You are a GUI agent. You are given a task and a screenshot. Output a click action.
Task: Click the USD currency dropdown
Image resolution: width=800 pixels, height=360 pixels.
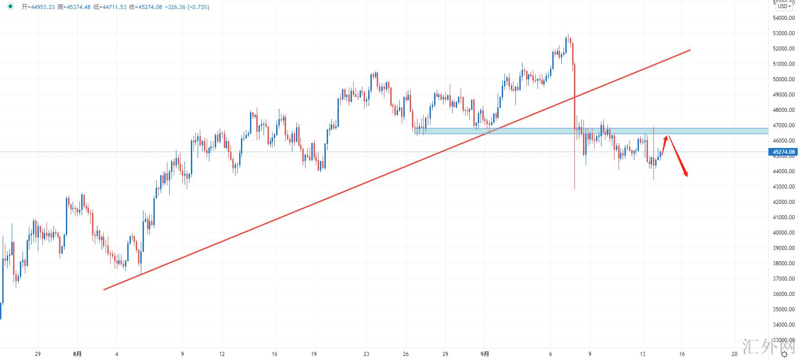tap(785, 6)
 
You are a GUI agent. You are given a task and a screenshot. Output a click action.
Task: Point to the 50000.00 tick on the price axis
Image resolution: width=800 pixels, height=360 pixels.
tap(784, 79)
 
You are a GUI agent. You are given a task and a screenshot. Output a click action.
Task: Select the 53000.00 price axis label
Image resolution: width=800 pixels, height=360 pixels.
tap(784, 33)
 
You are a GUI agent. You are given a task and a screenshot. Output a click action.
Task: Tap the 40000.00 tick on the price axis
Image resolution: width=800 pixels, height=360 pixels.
tap(784, 233)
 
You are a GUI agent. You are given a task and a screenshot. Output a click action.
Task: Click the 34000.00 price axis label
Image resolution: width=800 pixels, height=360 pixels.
tap(784, 325)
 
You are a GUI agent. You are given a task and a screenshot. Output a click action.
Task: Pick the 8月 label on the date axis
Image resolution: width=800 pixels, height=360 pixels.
tap(78, 354)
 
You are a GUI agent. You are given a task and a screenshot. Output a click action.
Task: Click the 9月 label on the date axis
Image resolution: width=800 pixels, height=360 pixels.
tap(485, 354)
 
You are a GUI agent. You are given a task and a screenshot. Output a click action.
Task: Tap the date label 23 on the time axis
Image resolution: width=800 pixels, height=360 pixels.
tap(366, 354)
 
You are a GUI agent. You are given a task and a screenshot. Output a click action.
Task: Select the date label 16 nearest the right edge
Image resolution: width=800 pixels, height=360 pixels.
tap(682, 354)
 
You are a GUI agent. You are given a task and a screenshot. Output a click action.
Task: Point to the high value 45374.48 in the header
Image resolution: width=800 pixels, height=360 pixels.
tap(78, 7)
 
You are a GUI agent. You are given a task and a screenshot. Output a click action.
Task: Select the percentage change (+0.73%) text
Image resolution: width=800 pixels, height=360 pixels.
tap(195, 7)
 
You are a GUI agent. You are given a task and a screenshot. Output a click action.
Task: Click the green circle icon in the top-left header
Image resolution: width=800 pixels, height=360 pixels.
tap(10, 7)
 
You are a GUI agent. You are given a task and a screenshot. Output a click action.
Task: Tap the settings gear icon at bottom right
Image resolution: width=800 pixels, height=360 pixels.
tap(791, 355)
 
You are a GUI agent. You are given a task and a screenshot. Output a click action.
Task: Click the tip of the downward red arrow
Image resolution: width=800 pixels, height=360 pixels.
tap(687, 176)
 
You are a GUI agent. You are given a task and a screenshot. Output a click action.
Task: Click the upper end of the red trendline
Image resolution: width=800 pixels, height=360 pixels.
tap(690, 50)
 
